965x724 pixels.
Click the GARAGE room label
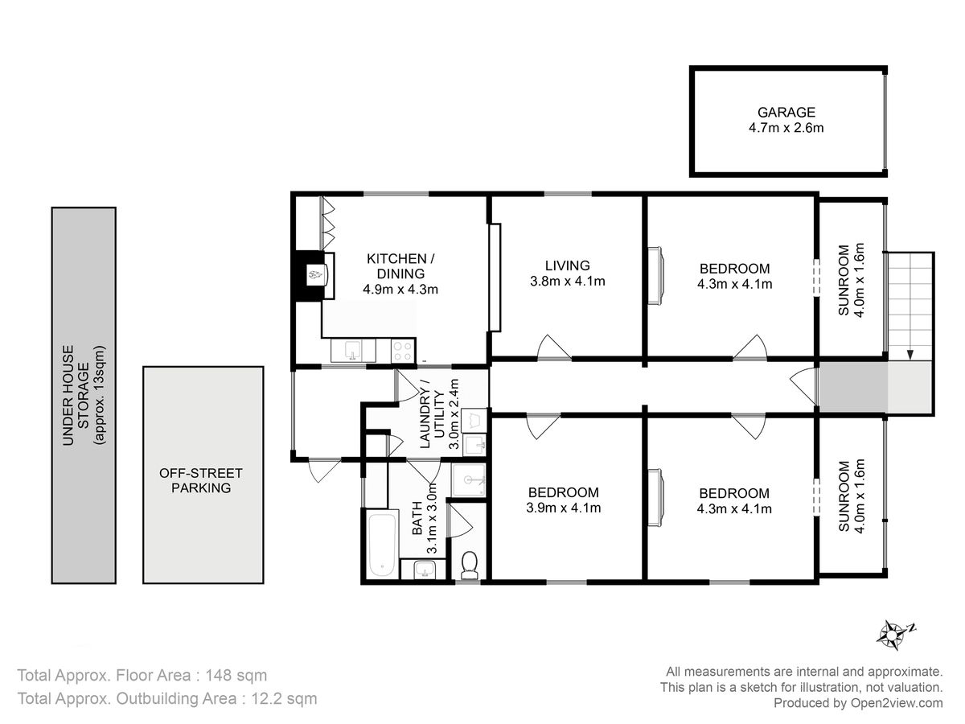click(786, 112)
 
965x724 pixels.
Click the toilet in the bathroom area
click(470, 565)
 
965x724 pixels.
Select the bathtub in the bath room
click(382, 545)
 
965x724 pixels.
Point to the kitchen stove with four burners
click(403, 352)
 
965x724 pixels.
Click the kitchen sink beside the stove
click(353, 351)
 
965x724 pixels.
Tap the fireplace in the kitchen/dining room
click(314, 276)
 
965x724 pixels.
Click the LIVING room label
click(567, 265)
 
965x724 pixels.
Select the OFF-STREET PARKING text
click(201, 480)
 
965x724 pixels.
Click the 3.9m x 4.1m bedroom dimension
click(564, 508)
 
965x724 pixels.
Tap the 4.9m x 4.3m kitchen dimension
click(400, 290)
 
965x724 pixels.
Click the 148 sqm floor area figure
click(236, 675)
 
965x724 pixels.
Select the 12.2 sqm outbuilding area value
click(284, 698)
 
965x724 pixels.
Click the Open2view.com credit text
click(897, 703)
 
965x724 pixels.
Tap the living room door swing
click(554, 348)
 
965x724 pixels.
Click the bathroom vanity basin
click(425, 570)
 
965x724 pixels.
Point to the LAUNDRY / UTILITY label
click(433, 413)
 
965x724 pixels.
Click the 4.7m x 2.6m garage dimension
click(786, 128)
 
